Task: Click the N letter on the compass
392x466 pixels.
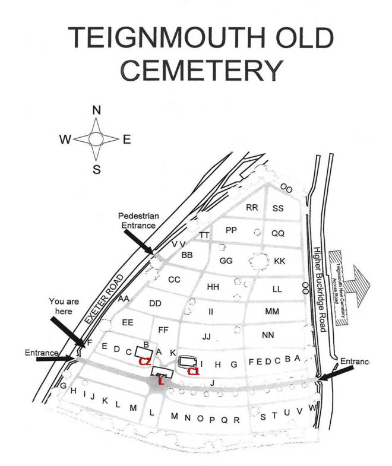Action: coord(97,110)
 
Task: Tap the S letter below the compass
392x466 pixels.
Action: coord(96,170)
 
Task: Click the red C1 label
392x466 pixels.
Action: coord(194,372)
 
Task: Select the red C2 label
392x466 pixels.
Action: coord(144,361)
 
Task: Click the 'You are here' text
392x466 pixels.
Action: coord(65,306)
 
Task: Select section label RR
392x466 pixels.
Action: coord(252,208)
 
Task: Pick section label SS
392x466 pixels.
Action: coord(278,208)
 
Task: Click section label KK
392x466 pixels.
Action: coord(280,261)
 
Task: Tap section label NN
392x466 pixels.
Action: coord(268,335)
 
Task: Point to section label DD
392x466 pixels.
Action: coord(156,303)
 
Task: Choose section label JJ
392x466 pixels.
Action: coord(207,337)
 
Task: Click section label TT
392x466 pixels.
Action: coord(204,235)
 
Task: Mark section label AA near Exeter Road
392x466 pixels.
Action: coord(124,299)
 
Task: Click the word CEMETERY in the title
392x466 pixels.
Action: coord(200,71)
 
